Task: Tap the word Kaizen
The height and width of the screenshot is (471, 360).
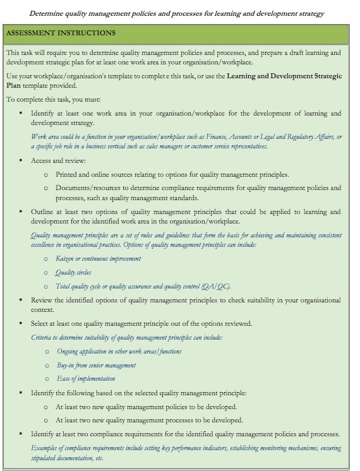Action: tap(65, 258)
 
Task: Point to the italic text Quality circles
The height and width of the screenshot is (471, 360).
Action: tap(73, 272)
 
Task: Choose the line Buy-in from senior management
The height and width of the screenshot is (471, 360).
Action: tap(96, 365)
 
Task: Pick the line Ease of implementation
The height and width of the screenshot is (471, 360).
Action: tap(86, 379)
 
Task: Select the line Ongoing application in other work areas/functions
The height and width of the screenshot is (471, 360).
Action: tap(119, 351)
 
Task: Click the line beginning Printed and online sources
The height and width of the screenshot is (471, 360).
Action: tap(172, 174)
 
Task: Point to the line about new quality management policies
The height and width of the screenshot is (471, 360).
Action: tap(146, 407)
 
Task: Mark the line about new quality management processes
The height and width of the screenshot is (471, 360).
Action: tap(148, 420)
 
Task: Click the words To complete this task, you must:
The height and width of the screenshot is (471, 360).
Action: tap(49, 99)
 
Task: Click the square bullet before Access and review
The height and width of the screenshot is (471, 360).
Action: tap(21, 160)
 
